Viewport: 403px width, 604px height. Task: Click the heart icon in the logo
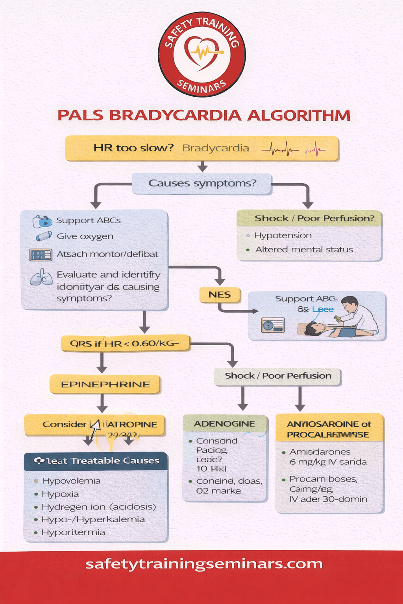(x=202, y=52)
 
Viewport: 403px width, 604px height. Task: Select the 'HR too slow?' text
(x=133, y=148)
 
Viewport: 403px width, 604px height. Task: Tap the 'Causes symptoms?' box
(x=202, y=184)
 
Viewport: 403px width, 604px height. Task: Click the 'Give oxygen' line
(x=85, y=236)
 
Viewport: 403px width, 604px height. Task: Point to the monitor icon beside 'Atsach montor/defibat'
(x=41, y=255)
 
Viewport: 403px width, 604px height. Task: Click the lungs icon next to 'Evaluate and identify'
(x=41, y=277)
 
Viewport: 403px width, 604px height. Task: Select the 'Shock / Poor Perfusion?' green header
(x=314, y=218)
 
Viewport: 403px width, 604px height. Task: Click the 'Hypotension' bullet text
(x=283, y=236)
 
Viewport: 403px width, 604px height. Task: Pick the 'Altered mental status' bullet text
(x=304, y=250)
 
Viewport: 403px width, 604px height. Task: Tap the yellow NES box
(x=220, y=295)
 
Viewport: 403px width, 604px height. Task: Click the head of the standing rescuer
(x=349, y=304)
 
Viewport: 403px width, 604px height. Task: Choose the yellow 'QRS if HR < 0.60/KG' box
(x=125, y=344)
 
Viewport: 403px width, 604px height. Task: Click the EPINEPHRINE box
(x=105, y=385)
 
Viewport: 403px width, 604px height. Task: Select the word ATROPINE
(x=132, y=425)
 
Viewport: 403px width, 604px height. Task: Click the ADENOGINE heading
(x=224, y=424)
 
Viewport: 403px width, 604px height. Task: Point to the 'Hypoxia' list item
(x=60, y=494)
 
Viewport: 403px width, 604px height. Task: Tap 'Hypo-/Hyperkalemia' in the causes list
(x=93, y=519)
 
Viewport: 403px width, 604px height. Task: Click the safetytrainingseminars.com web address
(x=204, y=564)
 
